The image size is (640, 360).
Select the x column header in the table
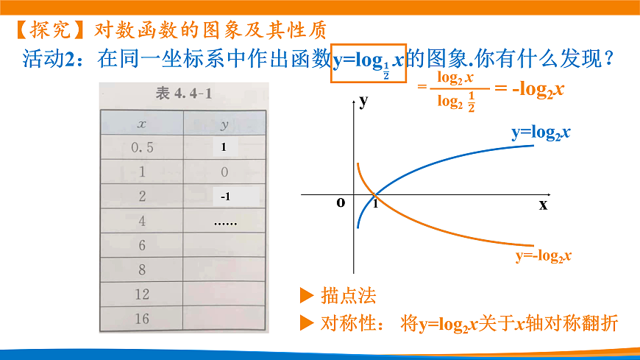[142, 123]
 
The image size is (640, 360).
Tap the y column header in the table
[224, 123]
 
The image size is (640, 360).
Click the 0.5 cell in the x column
[142, 147]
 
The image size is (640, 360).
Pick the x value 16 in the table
[142, 318]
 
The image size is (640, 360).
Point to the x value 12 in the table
[142, 294]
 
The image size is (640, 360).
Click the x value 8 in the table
[142, 269]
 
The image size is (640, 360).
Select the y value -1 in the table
[225, 197]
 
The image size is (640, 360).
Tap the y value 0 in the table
[224, 172]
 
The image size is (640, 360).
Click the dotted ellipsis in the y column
[225, 221]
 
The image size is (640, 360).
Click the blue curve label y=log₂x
[542, 133]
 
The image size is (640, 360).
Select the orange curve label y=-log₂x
[544, 255]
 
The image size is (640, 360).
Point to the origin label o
[341, 202]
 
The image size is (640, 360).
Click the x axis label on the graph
[543, 205]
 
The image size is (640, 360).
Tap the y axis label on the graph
[363, 102]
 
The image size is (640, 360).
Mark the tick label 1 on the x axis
[375, 204]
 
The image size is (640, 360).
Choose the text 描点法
[349, 296]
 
